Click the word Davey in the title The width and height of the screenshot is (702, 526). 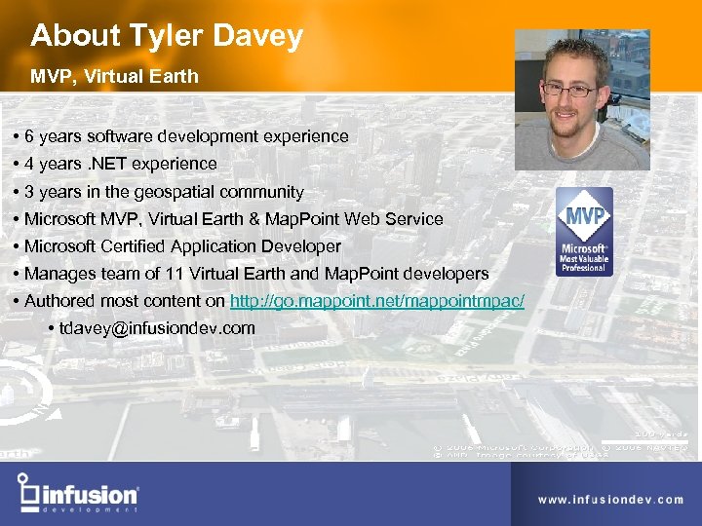(x=258, y=37)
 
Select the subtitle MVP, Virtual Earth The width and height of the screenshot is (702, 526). (x=114, y=76)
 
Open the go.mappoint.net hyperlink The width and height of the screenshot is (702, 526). (x=377, y=301)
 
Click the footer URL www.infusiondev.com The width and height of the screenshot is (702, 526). (x=610, y=500)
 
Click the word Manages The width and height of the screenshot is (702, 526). (x=59, y=274)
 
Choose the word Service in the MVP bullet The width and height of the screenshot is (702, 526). (x=414, y=219)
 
